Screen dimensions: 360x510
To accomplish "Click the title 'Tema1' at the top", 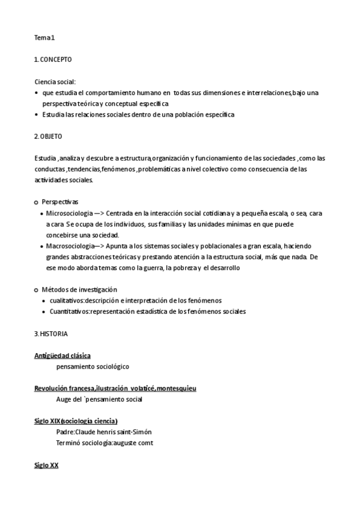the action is point(44,38).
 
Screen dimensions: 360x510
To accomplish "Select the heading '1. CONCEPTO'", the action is point(53,60).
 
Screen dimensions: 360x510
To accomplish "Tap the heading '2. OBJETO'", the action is point(48,137).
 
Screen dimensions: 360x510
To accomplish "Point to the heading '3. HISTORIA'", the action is point(51,333).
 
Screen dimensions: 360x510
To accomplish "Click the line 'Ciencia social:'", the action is point(55,81).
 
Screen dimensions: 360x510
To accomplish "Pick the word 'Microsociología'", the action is point(69,213).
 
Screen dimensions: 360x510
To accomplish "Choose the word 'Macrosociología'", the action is point(70,246).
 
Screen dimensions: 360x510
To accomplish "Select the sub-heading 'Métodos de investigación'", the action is point(79,289).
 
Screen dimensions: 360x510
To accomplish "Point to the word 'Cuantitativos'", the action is point(70,311).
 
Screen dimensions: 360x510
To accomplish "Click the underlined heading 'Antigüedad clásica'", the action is point(63,355).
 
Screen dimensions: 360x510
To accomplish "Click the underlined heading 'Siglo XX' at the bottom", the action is point(46,465).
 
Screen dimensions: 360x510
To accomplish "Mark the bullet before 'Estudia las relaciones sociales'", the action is point(37,114).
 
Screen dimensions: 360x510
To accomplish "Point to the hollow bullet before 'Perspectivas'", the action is point(36,202).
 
